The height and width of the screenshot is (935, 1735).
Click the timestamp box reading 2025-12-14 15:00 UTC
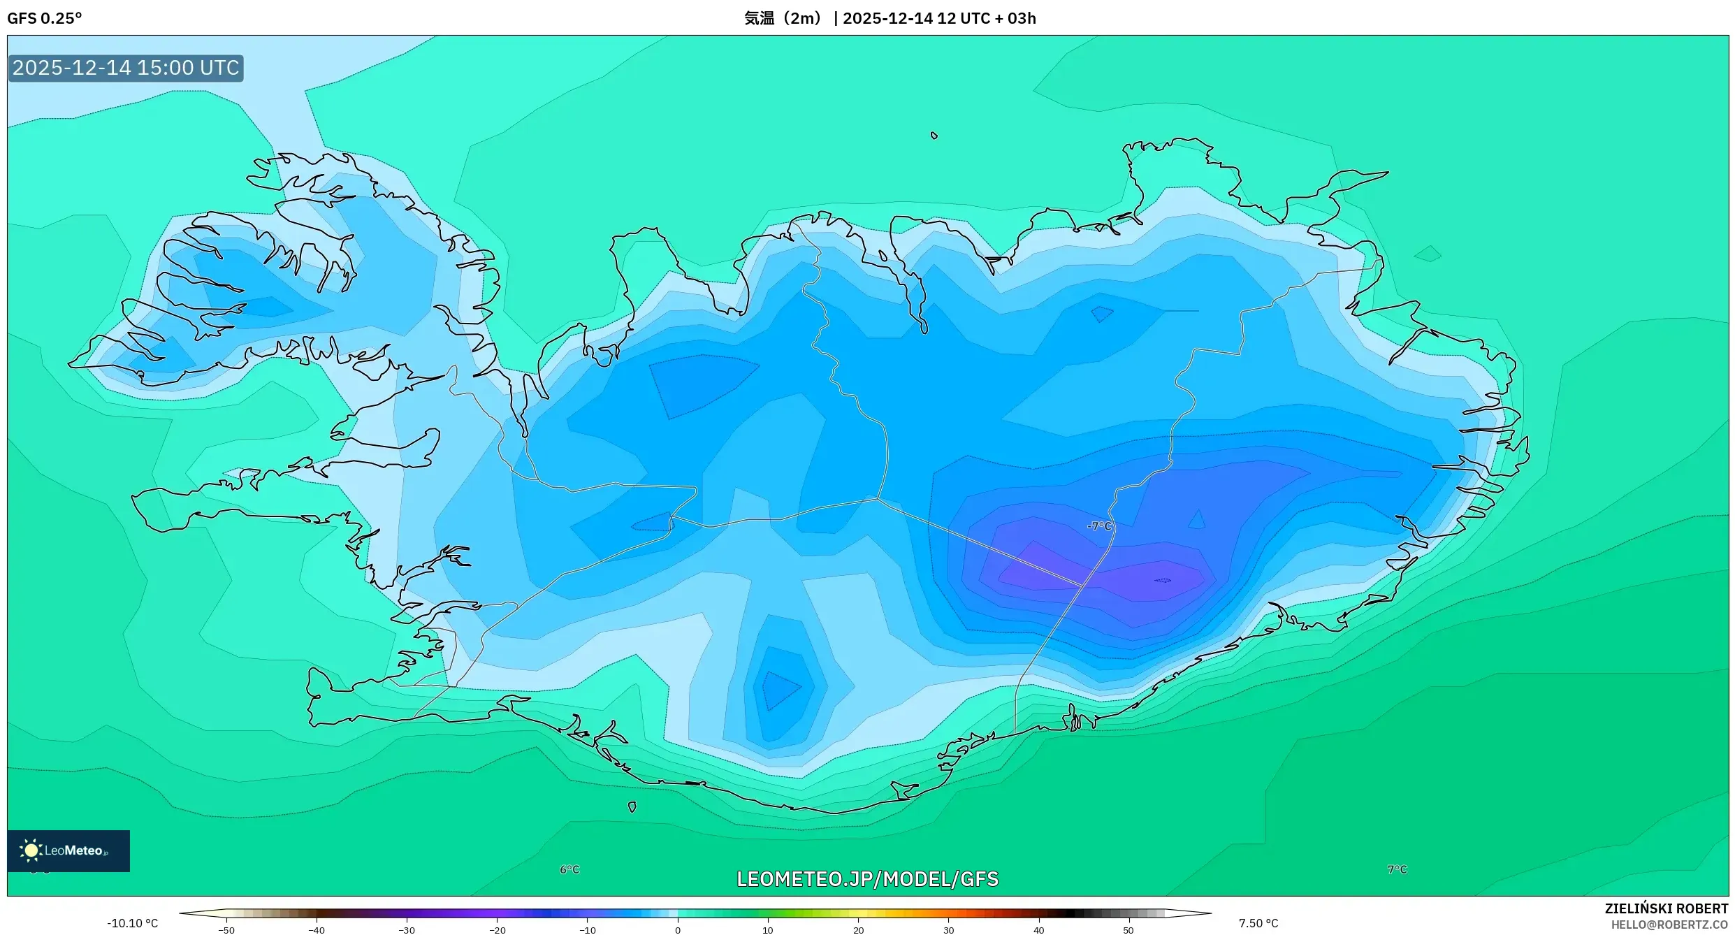coord(126,68)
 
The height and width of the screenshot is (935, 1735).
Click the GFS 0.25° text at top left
coord(44,18)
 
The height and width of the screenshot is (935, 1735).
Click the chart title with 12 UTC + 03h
coord(890,18)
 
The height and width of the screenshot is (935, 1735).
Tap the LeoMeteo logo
coord(68,850)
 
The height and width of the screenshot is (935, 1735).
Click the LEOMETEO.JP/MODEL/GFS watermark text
coord(867,879)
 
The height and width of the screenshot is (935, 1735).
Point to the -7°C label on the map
coord(1099,526)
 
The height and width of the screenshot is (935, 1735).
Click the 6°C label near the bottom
coord(569,869)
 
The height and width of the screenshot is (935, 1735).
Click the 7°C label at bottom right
coord(1397,869)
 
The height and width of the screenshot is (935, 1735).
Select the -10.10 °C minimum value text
coord(133,923)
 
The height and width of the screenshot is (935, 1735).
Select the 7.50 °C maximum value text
coord(1258,923)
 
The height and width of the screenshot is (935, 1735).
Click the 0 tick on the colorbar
coord(678,930)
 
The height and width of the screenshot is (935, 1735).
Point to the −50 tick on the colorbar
coord(226,930)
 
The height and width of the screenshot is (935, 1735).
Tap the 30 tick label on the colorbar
coord(948,930)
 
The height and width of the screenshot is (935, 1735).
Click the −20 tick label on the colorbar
coord(497,930)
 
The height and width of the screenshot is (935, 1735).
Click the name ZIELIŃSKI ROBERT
coord(1666,908)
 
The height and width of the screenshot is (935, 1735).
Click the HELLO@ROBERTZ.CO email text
coord(1669,925)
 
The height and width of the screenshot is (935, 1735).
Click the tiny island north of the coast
coord(934,136)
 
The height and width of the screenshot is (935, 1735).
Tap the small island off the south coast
coord(632,806)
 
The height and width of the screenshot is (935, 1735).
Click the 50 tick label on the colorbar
coord(1128,930)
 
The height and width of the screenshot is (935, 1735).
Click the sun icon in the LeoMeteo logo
coord(31,850)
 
